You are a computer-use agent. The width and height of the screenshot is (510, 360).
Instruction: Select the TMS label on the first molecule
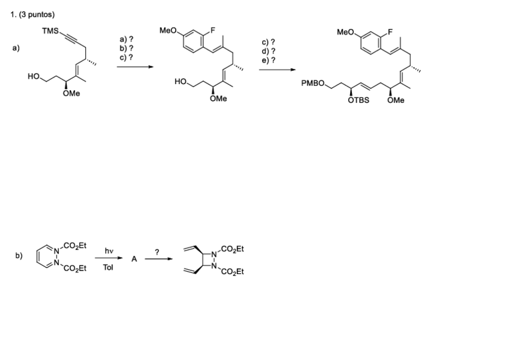point(50,31)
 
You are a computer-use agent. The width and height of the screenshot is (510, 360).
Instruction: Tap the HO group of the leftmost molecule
point(34,77)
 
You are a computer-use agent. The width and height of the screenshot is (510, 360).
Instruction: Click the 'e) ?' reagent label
point(268,60)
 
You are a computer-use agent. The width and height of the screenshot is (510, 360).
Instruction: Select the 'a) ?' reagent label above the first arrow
point(126,39)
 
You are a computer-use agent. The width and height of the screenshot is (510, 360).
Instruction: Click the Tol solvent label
point(108,267)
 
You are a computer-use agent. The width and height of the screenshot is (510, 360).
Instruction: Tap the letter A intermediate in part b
point(134,259)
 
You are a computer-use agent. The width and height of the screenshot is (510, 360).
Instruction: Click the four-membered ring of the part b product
point(207,261)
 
